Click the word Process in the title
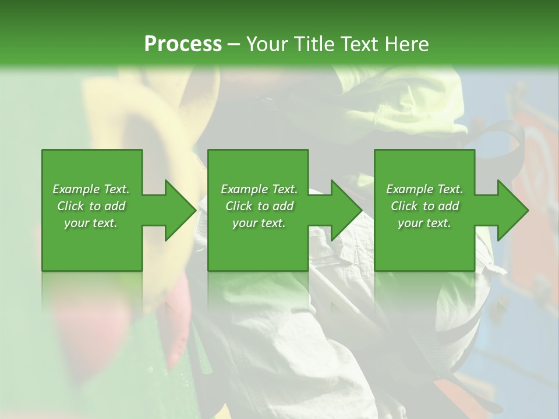[x=183, y=44]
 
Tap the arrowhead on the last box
[x=512, y=210]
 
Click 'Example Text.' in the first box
[x=91, y=189]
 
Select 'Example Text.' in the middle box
[x=259, y=189]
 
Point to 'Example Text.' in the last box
[x=424, y=189]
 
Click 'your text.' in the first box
[x=91, y=223]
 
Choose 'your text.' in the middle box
[x=259, y=223]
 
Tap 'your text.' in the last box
[x=424, y=223]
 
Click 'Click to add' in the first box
[x=91, y=206]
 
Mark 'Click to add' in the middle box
[x=259, y=206]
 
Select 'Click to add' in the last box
[x=424, y=206]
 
